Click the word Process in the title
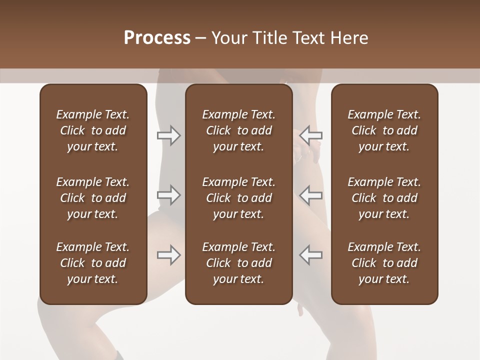(x=157, y=38)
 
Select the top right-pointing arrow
(x=169, y=135)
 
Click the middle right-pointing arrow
(x=169, y=195)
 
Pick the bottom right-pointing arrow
(x=169, y=255)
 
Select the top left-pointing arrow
(x=311, y=135)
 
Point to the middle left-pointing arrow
(x=311, y=195)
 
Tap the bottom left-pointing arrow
(x=311, y=255)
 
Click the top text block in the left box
(x=93, y=130)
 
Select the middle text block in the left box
(x=93, y=198)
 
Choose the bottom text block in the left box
(x=93, y=263)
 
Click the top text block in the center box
(x=239, y=130)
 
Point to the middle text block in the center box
(x=239, y=198)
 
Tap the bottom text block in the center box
(x=239, y=263)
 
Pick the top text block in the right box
(x=384, y=130)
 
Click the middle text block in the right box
(x=384, y=198)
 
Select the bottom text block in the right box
(x=384, y=263)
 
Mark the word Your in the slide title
(x=227, y=38)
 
